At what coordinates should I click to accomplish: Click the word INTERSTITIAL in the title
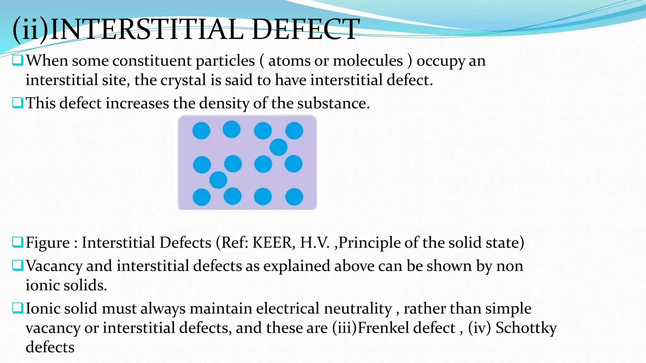147,30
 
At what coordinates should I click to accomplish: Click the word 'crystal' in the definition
183,80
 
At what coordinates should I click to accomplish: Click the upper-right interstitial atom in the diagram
279,147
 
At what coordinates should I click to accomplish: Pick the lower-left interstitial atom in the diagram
218,180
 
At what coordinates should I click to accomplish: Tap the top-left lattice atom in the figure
201,130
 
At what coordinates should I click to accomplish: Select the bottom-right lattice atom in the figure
294,197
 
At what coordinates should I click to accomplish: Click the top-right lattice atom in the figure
294,130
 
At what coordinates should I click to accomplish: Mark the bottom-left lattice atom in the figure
202,197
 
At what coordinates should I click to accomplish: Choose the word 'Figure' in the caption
48,243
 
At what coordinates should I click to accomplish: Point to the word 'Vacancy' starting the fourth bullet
54,266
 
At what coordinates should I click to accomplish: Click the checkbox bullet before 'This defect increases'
18,103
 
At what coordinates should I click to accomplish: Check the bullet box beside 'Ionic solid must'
18,308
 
